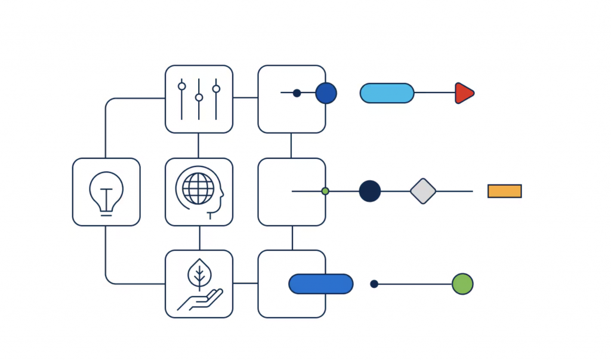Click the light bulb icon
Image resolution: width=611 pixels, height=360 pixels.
pyautogui.click(x=106, y=191)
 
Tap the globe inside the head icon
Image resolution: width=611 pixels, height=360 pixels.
pyautogui.click(x=198, y=189)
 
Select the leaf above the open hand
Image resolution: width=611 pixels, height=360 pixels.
pyautogui.click(x=199, y=275)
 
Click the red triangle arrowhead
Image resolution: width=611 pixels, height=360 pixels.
pyautogui.click(x=464, y=93)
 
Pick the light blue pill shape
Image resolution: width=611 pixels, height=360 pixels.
pyautogui.click(x=387, y=93)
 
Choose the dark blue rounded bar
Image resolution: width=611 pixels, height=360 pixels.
pyautogui.click(x=320, y=284)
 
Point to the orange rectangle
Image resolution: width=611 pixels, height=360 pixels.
pyautogui.click(x=504, y=191)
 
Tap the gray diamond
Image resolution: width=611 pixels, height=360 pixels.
pyautogui.click(x=423, y=191)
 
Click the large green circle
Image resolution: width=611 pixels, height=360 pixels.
pyautogui.click(x=462, y=284)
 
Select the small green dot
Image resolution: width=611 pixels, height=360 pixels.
pyautogui.click(x=325, y=191)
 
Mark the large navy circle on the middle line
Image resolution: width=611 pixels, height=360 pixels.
pyautogui.click(x=370, y=191)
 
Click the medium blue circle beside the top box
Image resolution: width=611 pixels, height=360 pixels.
pyautogui.click(x=326, y=93)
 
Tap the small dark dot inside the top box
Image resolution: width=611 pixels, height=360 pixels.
pyautogui.click(x=297, y=93)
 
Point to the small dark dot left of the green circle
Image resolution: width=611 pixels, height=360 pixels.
pyautogui.click(x=374, y=284)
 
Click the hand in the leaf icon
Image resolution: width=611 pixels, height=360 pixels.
pyautogui.click(x=200, y=300)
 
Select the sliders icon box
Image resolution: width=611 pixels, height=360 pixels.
pyautogui.click(x=199, y=99)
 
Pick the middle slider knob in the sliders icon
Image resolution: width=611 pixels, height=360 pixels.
pyautogui.click(x=199, y=97)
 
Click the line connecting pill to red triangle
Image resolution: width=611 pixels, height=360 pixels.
pyautogui.click(x=434, y=93)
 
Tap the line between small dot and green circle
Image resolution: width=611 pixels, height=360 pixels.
pyautogui.click(x=415, y=284)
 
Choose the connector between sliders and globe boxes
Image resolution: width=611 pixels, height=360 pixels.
pyautogui.click(x=199, y=145)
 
